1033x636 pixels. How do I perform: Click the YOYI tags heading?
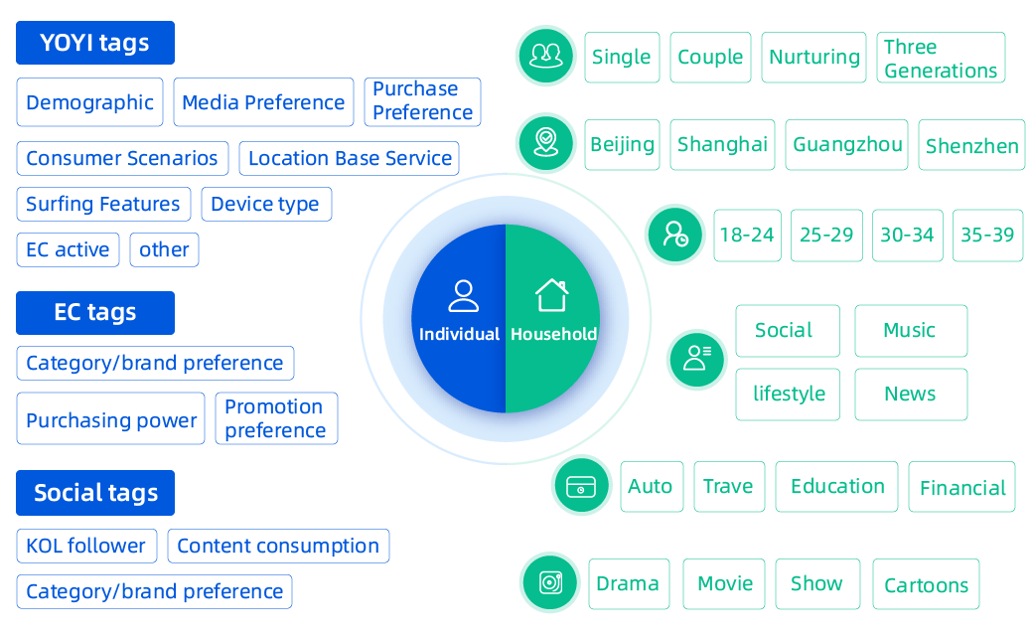coord(94,43)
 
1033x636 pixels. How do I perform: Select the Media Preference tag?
coord(263,102)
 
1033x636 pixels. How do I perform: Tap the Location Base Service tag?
coord(351,158)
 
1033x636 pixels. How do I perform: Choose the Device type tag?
coord(265,205)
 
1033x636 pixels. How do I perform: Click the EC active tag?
coord(68,249)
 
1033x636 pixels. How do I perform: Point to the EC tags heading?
coord(94,312)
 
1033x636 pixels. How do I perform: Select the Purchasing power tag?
coord(110,419)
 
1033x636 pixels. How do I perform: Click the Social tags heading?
coord(94,493)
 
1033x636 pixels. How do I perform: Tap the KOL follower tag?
coord(85,546)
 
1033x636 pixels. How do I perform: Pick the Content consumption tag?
coord(278,546)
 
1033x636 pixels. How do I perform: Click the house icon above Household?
coord(552,295)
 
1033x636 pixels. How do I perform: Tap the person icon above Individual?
coord(463,295)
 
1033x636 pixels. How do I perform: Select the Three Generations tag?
coord(940,59)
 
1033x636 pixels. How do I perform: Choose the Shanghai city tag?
coord(722,145)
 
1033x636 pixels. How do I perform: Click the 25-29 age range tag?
coord(826,236)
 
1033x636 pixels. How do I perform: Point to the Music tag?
coord(910,331)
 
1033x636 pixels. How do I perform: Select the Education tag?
coord(836,487)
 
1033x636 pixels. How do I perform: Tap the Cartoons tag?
coord(926,585)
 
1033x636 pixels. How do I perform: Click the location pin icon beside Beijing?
coord(545,142)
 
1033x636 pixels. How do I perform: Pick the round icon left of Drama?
coord(550,582)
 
